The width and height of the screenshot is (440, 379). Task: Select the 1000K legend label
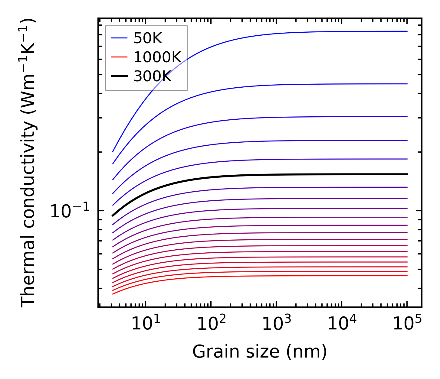point(157,57)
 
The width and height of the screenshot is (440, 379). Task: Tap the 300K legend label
point(153,76)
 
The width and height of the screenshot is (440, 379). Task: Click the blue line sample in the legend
point(119,38)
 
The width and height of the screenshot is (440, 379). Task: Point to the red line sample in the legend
point(119,57)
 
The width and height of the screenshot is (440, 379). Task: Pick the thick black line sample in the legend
point(119,76)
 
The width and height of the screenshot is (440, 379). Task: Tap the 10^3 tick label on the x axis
point(276,324)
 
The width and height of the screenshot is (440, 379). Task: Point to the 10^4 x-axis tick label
point(342,324)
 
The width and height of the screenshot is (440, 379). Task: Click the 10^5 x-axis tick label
point(407,324)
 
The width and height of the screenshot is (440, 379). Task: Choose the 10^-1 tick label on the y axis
point(70,211)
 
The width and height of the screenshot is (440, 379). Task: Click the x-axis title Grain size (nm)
point(260,352)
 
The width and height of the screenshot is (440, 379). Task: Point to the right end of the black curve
point(407,174)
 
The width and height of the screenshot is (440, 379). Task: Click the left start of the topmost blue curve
point(113,151)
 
